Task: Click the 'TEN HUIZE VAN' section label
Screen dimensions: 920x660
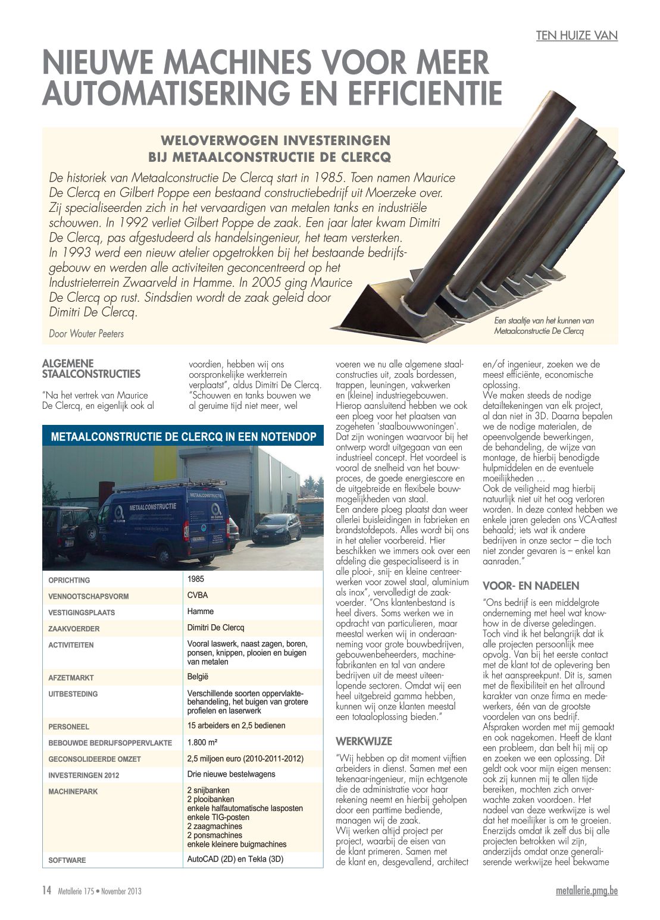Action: point(577,36)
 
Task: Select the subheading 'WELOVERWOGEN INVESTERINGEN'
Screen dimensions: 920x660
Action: point(276,140)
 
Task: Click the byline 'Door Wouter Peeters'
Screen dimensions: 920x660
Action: point(86,334)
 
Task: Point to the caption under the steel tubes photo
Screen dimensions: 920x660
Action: point(543,326)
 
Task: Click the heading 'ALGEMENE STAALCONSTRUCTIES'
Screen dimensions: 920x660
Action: point(91,369)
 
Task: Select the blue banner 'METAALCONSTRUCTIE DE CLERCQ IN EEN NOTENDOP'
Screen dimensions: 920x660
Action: point(183,437)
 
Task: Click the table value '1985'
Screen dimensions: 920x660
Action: point(196,578)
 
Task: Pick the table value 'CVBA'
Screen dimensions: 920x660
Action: point(198,595)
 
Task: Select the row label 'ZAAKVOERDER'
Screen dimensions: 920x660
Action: point(74,628)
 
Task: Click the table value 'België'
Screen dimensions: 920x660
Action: point(198,677)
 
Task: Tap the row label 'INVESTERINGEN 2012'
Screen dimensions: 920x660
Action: point(84,775)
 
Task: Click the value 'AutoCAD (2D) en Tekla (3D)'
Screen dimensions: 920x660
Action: point(235,859)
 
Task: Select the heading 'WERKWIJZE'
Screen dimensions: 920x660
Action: point(364,741)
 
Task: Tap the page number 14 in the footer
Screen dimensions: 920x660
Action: point(46,890)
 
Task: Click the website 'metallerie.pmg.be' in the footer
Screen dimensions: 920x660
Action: point(586,891)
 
